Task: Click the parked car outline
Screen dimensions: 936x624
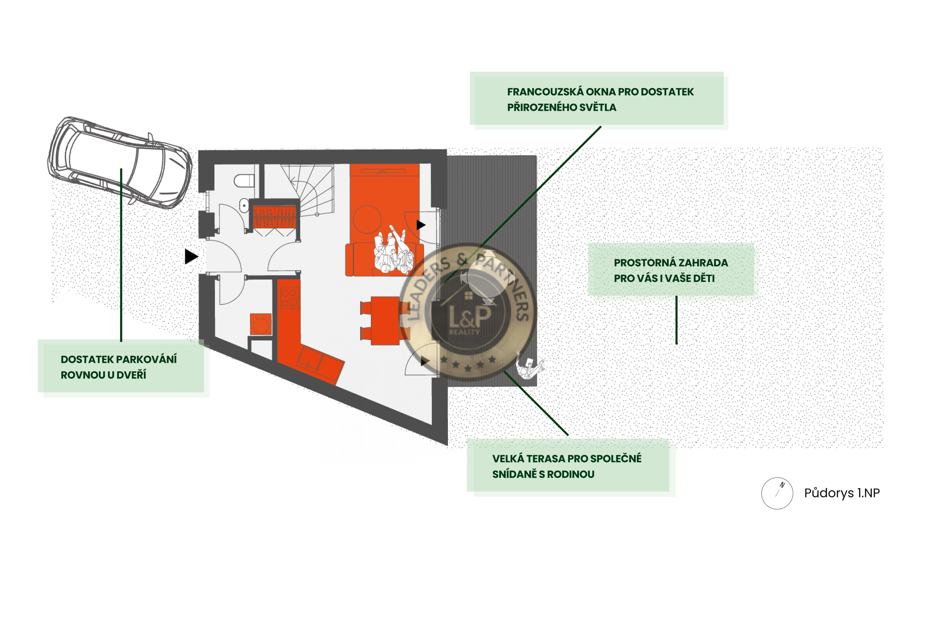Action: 120,162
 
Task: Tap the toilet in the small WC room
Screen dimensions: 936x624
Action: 244,181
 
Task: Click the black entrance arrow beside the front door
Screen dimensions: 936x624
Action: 191,257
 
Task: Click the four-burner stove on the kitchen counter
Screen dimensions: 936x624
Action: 289,298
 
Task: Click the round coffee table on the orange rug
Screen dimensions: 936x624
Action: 367,219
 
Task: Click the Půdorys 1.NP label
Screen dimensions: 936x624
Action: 842,493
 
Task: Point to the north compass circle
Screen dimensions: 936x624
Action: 777,493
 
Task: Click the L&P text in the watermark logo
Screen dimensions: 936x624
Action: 470,316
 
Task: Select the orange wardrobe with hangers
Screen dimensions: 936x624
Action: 275,217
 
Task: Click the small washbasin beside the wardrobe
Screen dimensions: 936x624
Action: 244,206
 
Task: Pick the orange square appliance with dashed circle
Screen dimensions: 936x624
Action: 261,324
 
